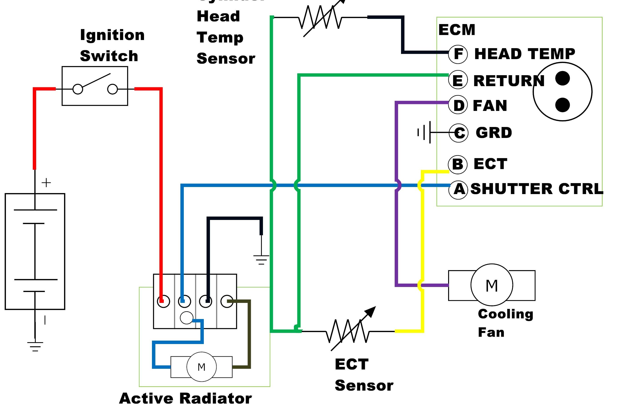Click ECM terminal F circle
458,54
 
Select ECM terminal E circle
458,80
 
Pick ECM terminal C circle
459,133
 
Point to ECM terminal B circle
457,164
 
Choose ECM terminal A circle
458,190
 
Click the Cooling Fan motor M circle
492,285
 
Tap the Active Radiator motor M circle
201,367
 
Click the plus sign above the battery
46,183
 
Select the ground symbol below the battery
35,346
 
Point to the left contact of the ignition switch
78,89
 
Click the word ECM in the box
457,30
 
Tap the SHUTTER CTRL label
537,189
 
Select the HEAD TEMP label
524,54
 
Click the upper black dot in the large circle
562,78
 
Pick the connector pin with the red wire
164,301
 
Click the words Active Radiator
185,398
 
